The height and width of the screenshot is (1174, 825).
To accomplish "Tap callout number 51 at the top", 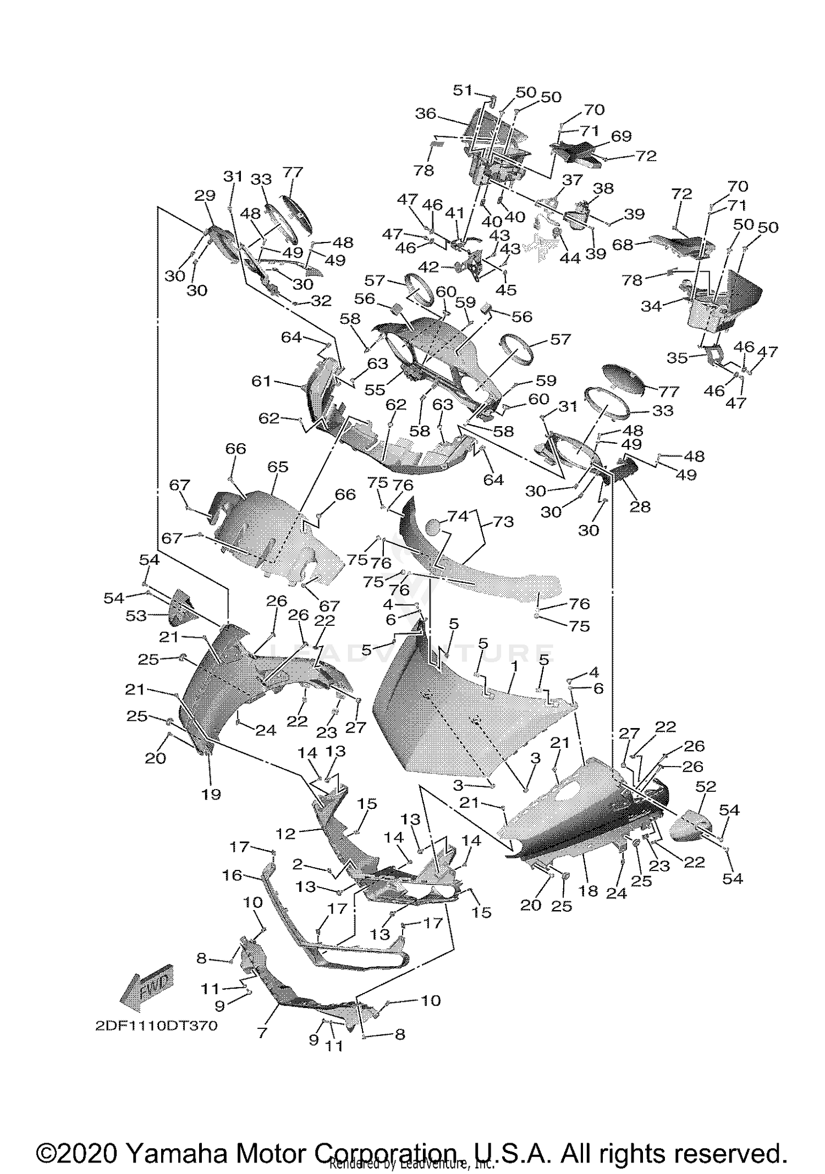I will [x=463, y=90].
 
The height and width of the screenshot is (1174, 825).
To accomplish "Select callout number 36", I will [x=425, y=114].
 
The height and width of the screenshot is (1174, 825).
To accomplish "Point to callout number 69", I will [x=621, y=136].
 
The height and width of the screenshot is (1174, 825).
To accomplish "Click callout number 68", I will [x=623, y=245].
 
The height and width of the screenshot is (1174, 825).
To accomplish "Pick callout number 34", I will [x=651, y=306].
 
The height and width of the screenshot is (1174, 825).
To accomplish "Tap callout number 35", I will [x=677, y=358].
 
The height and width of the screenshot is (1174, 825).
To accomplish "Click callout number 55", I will [x=375, y=389].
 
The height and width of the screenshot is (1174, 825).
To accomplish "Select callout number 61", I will [x=261, y=381].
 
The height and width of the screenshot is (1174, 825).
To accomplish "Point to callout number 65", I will [x=278, y=467].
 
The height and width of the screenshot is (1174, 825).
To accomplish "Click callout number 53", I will [x=136, y=616].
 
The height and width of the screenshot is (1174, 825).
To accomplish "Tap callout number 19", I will [x=211, y=794].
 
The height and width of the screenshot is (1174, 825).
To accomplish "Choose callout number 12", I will [x=286, y=834].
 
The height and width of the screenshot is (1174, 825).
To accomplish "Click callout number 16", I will [x=232, y=875].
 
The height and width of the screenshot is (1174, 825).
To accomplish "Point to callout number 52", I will [x=706, y=786].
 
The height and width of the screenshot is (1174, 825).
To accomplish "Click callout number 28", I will [x=640, y=506].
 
